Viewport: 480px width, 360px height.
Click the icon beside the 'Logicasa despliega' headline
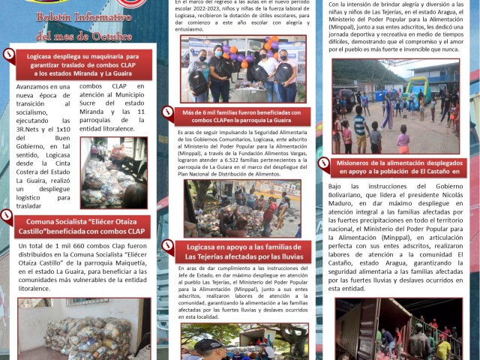pyautogui.click(x=10, y=52)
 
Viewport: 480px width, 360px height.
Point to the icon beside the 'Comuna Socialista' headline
pyautogui.click(x=7, y=217)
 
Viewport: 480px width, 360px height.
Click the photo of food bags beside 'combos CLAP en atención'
pyautogui.click(x=114, y=172)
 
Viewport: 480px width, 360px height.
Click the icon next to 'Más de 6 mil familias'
pyautogui.click(x=168, y=110)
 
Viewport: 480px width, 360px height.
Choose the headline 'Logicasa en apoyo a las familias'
pyautogui.click(x=241, y=251)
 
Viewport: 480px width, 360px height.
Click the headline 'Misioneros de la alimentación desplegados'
pyautogui.click(x=397, y=166)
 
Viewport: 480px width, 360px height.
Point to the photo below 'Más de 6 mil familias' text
pyautogui.click(x=241, y=208)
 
